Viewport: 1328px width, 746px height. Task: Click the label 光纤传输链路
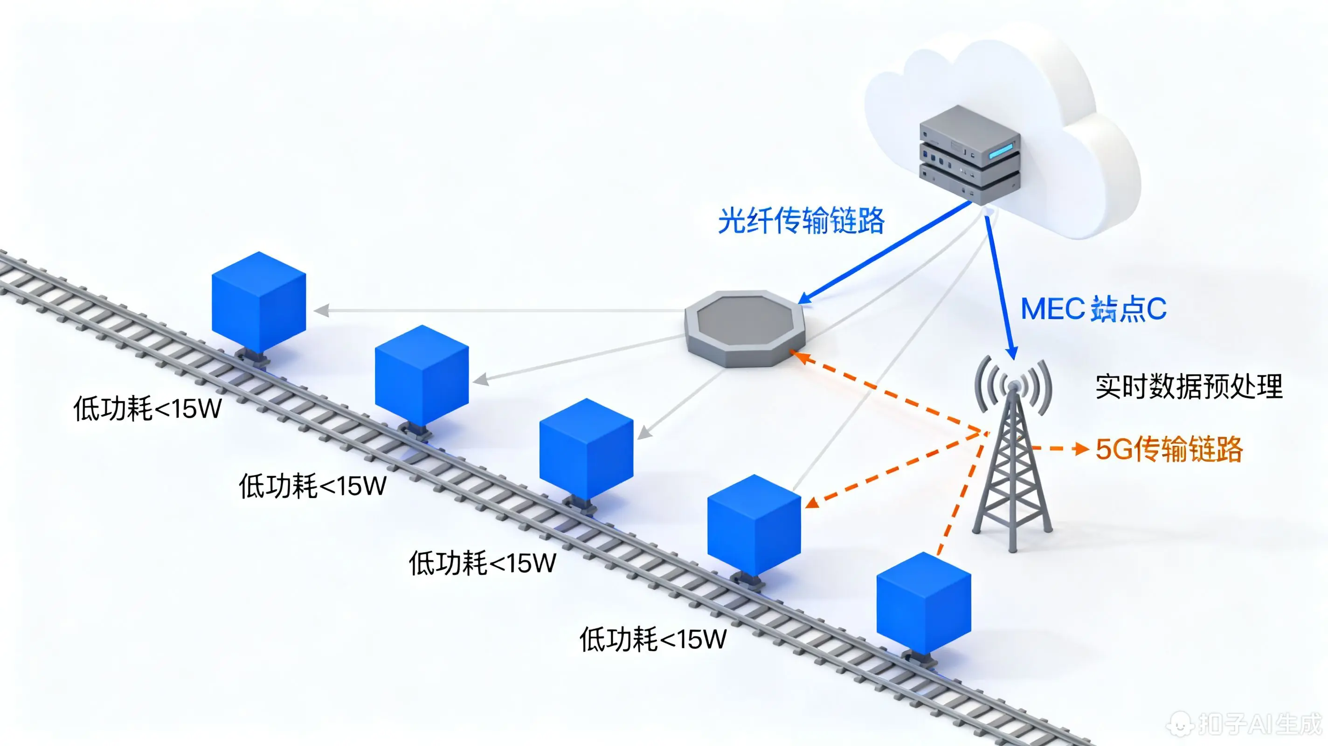click(x=801, y=221)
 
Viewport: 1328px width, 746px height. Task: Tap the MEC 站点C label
click(x=1093, y=309)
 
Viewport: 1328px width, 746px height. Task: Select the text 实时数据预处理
click(x=1188, y=387)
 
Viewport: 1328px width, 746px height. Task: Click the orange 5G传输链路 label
click(x=1169, y=449)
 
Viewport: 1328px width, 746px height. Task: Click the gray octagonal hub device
click(x=744, y=328)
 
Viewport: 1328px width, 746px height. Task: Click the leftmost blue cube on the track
click(x=259, y=301)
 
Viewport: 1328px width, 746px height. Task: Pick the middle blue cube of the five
click(x=586, y=449)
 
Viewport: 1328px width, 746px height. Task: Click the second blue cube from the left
click(x=422, y=375)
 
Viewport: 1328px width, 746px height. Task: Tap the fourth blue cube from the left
click(x=754, y=525)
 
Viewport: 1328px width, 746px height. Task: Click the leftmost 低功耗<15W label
click(x=147, y=408)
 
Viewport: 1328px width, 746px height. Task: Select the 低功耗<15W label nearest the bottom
click(x=653, y=639)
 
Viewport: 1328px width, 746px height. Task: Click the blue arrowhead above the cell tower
click(x=1012, y=353)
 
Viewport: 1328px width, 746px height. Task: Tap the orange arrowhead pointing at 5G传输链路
click(x=1080, y=449)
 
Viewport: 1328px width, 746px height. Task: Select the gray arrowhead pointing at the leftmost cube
click(x=322, y=311)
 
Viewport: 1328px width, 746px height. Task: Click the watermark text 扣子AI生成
click(x=1258, y=724)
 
